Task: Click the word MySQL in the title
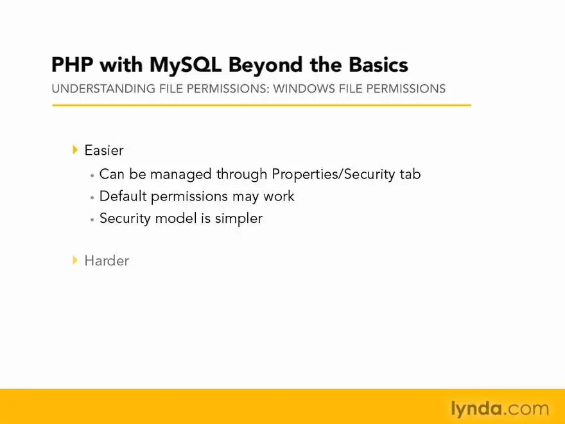click(x=185, y=66)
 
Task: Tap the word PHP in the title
click(x=72, y=65)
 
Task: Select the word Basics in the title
click(x=378, y=65)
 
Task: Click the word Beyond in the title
click(x=266, y=66)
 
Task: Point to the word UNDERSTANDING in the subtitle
click(x=103, y=89)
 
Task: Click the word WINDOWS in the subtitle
click(x=304, y=89)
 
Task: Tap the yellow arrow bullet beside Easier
click(x=75, y=150)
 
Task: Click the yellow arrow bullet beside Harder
click(x=75, y=260)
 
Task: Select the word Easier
click(x=104, y=150)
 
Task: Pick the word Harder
click(x=107, y=260)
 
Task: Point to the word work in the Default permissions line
click(x=279, y=196)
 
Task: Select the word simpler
click(x=239, y=219)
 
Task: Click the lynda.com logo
click(x=500, y=409)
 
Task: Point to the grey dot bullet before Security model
click(x=92, y=219)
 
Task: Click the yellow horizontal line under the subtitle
click(x=261, y=105)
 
